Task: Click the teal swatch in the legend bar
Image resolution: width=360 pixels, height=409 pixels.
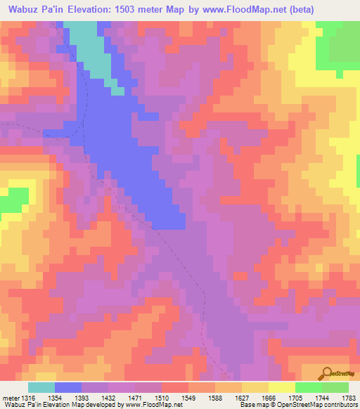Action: click(x=41, y=387)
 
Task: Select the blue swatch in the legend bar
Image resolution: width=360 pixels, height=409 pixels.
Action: click(x=68, y=387)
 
